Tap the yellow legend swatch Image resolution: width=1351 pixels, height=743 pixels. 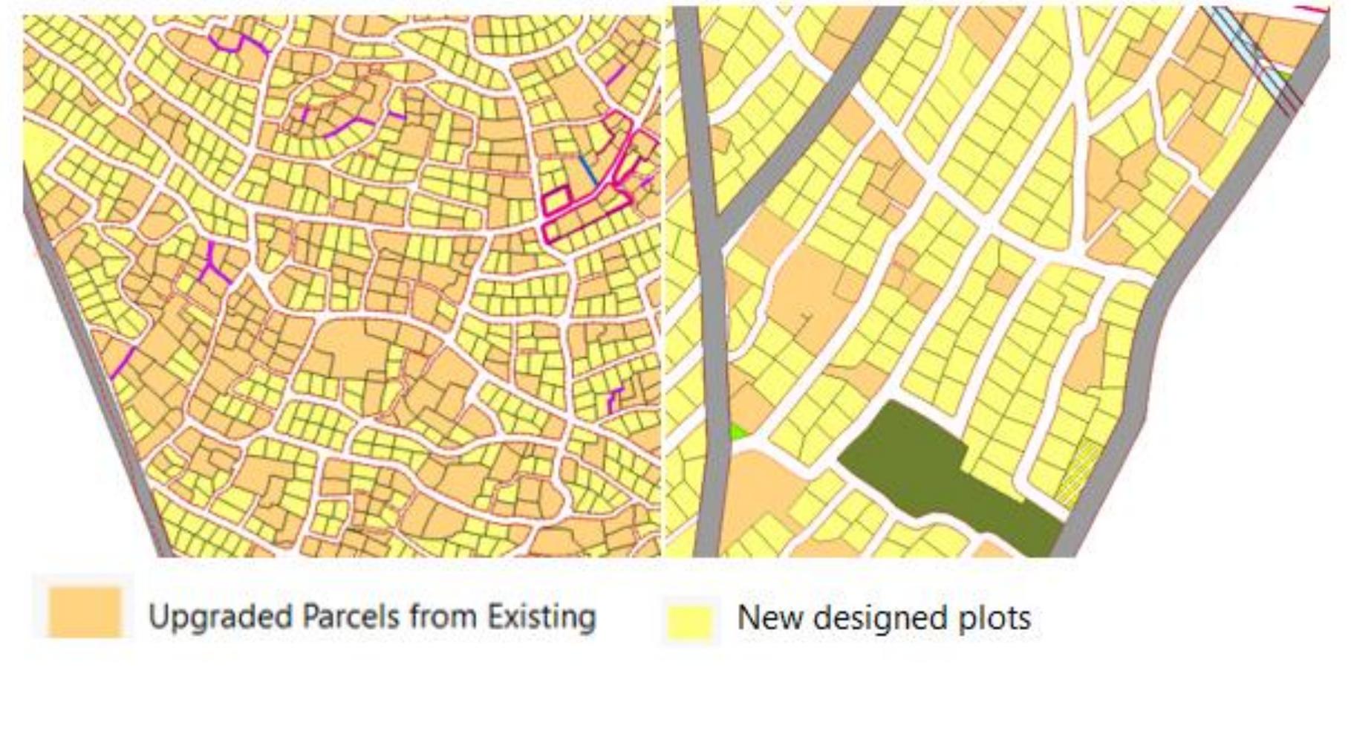point(689,620)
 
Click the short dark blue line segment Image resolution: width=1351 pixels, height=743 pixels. point(588,170)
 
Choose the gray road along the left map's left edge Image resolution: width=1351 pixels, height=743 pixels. point(97,371)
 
